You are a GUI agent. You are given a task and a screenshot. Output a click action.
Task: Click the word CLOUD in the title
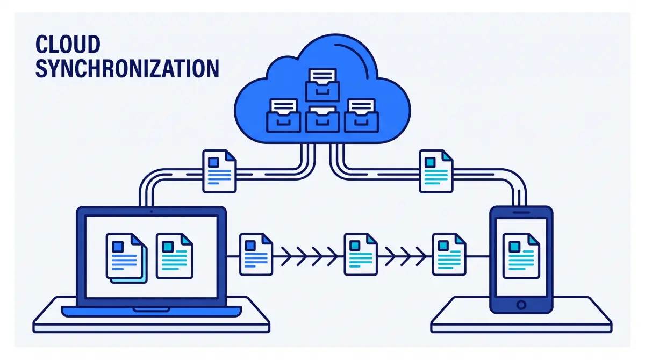[x=68, y=44]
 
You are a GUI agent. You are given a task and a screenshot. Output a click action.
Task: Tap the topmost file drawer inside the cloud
[x=322, y=84]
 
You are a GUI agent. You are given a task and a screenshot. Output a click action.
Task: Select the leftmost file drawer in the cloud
[x=284, y=116]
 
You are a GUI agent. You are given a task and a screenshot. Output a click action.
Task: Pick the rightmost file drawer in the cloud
[x=361, y=116]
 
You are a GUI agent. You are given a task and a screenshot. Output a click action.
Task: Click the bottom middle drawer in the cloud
[x=322, y=119]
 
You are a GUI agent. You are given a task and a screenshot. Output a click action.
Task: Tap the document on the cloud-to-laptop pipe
[x=219, y=171]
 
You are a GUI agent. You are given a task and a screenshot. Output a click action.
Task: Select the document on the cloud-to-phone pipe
[x=436, y=171]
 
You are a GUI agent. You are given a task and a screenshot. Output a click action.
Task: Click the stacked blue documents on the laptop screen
[x=127, y=258]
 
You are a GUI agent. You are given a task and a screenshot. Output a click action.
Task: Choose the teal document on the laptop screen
[x=175, y=256]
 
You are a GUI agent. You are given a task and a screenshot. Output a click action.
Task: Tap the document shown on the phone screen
[x=521, y=256]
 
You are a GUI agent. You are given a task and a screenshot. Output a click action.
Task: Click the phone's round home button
[x=521, y=305]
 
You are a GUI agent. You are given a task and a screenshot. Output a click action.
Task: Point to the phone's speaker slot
[x=521, y=213]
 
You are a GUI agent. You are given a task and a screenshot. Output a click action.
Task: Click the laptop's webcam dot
[x=152, y=212]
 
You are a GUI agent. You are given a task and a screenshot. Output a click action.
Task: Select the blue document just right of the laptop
[x=256, y=254]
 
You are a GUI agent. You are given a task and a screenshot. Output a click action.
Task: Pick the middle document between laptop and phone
[x=361, y=254]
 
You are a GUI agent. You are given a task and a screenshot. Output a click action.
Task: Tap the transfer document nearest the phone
[x=449, y=254]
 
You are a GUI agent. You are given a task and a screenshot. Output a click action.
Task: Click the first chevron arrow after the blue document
[x=286, y=256]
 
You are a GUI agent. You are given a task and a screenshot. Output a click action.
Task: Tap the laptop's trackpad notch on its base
[x=151, y=309]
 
